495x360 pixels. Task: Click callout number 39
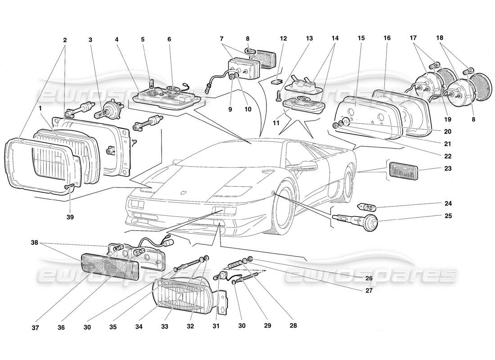click(x=69, y=217)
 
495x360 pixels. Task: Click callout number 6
click(x=169, y=40)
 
